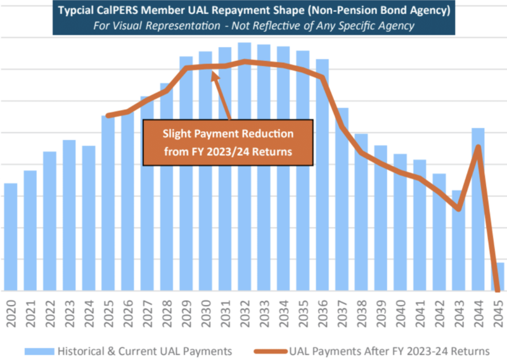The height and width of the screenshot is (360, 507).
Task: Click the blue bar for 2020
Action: point(11,237)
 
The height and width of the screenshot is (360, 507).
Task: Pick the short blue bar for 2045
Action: point(500,277)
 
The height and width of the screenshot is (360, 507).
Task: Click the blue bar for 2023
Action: point(69,215)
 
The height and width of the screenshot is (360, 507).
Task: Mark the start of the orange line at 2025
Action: point(108,115)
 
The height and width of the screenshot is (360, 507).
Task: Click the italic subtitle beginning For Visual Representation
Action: point(253,27)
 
